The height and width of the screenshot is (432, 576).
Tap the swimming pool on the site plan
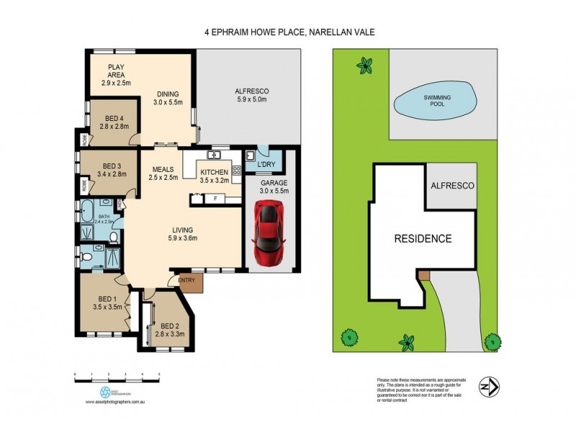[x=434, y=100]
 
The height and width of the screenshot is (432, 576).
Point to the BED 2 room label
[x=171, y=328]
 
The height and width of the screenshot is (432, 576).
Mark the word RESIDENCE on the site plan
[x=422, y=238]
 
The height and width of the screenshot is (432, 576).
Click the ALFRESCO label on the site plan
[x=451, y=186]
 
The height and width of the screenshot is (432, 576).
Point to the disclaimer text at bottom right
[x=421, y=389]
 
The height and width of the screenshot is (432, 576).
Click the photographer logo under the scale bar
[x=105, y=392]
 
